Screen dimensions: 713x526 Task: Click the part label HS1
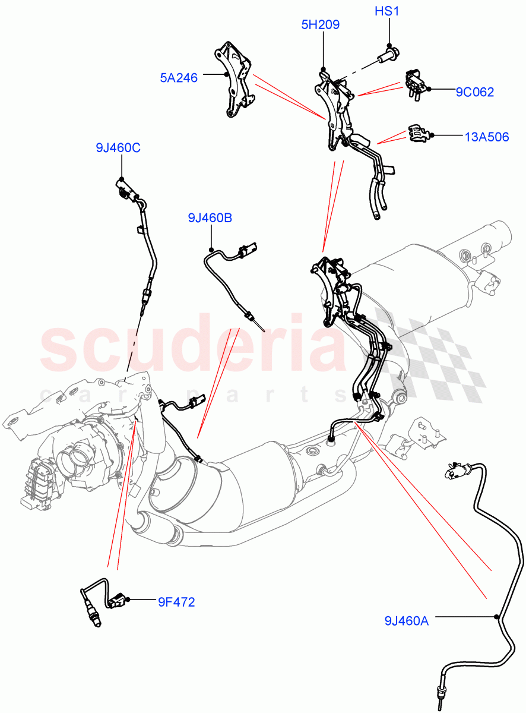[389, 12]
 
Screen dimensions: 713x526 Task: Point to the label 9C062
[474, 92]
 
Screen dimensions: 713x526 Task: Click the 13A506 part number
[486, 137]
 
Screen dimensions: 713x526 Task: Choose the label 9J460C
[118, 148]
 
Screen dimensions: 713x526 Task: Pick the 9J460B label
[210, 218]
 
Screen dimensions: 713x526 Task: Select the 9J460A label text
[406, 621]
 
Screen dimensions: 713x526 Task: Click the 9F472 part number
[176, 602]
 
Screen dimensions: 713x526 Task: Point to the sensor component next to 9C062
[416, 82]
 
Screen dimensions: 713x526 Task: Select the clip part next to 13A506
[419, 134]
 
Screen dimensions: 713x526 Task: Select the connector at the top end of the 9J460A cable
[457, 472]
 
